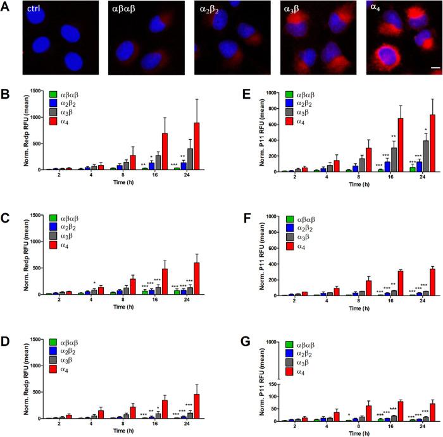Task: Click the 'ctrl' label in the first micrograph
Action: click(x=34, y=9)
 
